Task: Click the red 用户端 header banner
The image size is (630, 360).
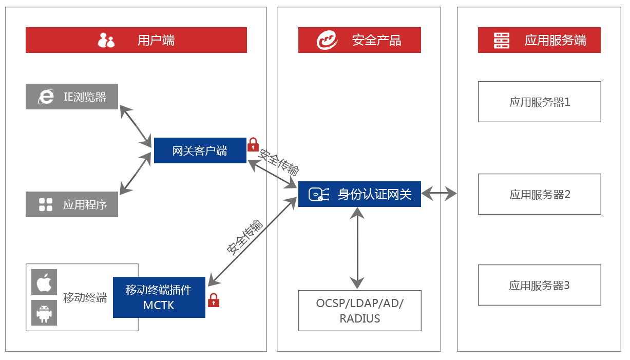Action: (x=136, y=40)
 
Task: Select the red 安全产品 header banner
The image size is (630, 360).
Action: (x=359, y=40)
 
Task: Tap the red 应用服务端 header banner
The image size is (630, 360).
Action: (x=539, y=40)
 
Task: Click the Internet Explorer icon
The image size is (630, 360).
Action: (x=46, y=97)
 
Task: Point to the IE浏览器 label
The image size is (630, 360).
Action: (x=85, y=97)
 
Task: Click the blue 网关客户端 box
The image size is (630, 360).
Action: (x=200, y=150)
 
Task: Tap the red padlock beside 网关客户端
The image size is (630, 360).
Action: (x=253, y=145)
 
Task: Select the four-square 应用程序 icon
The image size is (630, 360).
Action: (x=46, y=204)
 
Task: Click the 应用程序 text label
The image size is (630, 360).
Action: (x=85, y=205)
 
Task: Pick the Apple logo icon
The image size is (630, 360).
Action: (x=44, y=283)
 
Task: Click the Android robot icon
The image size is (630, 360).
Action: (x=44, y=313)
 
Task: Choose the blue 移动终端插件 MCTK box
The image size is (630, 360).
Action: (x=159, y=297)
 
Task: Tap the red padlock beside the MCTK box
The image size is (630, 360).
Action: (x=214, y=300)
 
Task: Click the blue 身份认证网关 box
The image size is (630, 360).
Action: (x=359, y=194)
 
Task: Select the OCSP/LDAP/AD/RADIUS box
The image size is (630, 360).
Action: (x=360, y=311)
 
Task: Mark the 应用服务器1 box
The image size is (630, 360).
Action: (x=539, y=102)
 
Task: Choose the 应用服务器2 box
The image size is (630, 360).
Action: (x=539, y=194)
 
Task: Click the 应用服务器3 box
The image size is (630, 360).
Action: (x=539, y=285)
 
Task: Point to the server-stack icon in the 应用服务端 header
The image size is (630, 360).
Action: (x=501, y=40)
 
